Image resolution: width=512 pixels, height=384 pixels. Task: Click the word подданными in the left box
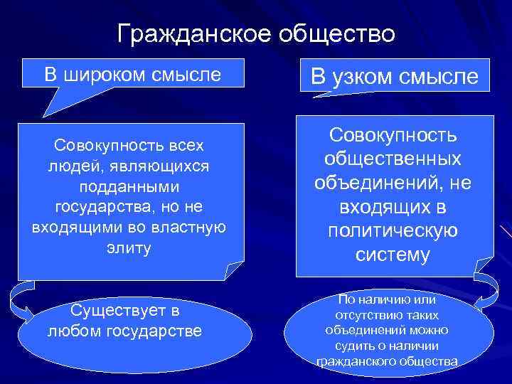129,186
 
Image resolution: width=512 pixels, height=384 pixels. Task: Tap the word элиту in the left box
129,249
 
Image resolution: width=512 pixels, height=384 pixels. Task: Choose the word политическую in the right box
393,231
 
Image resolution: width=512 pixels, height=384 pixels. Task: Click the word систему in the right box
393,255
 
